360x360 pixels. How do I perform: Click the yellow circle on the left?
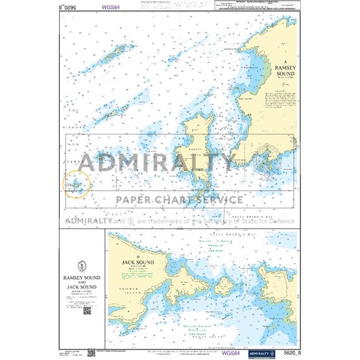point(77,186)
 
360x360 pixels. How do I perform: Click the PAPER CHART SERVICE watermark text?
point(180,200)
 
